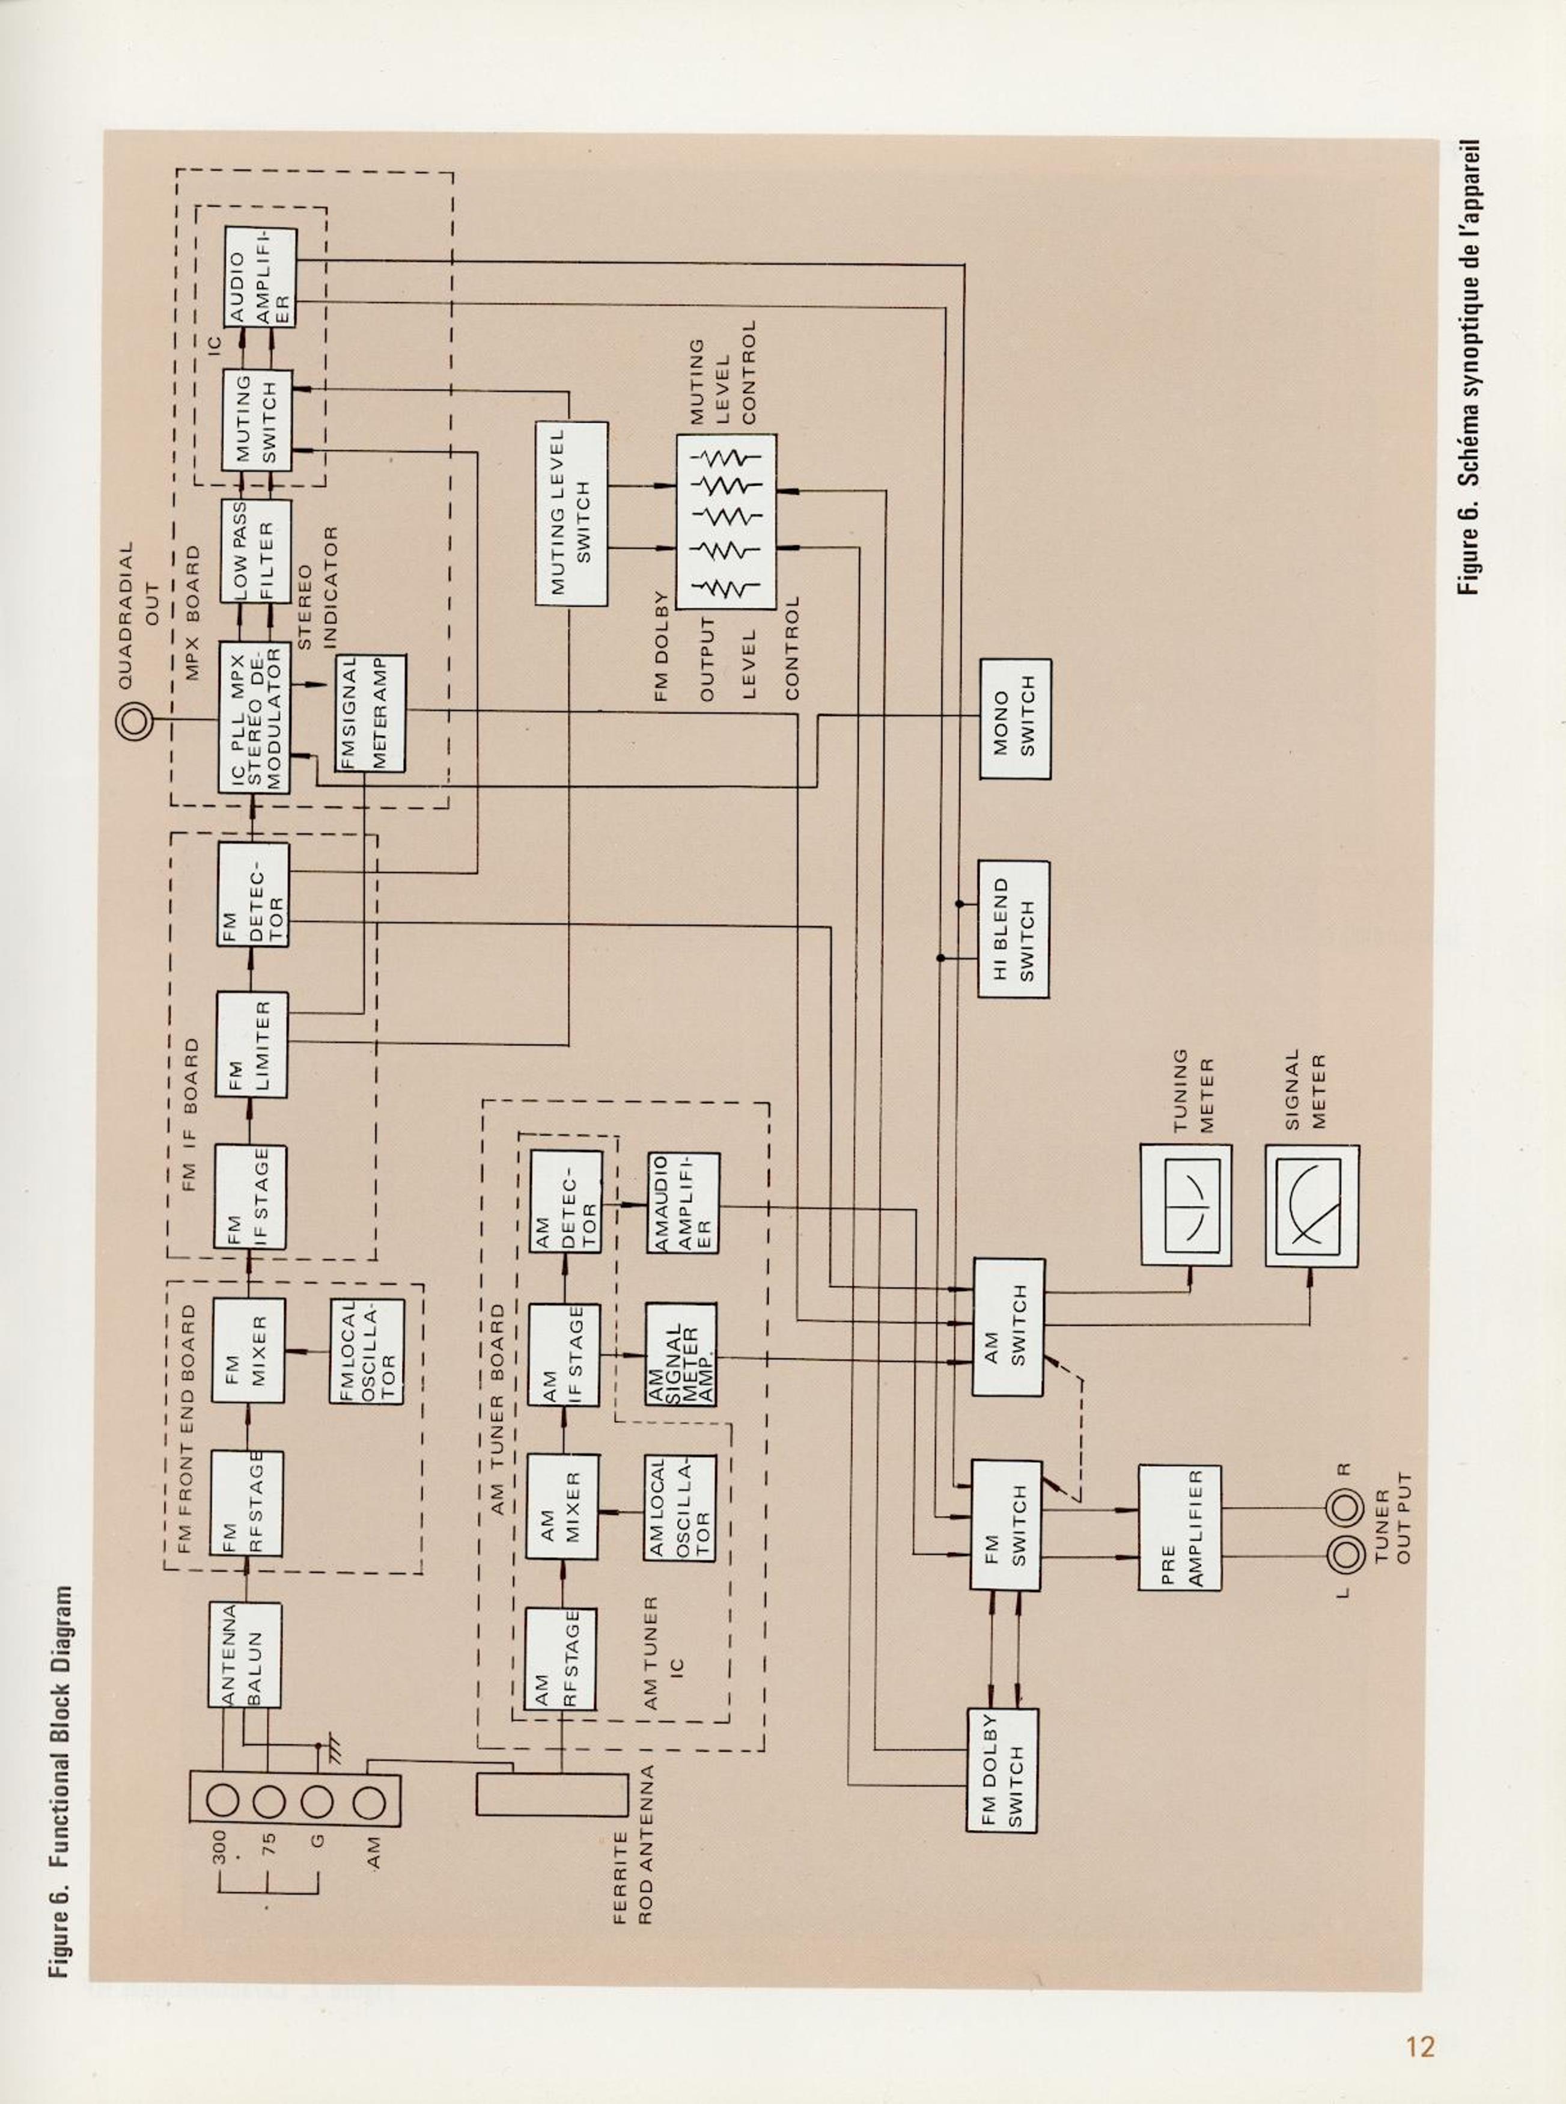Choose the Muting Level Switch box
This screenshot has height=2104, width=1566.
[571, 513]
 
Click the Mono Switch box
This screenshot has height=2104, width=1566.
[1015, 719]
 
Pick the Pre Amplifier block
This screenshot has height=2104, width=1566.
[1179, 1528]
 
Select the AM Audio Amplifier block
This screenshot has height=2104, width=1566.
[683, 1203]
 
